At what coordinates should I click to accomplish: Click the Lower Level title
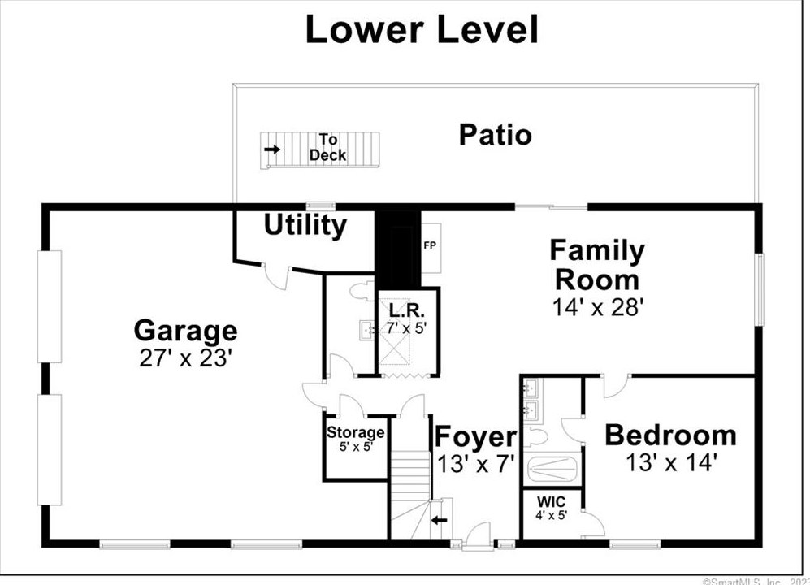[x=422, y=29]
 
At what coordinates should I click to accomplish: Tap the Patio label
[x=495, y=135]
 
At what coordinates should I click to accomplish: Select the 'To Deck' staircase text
[x=328, y=147]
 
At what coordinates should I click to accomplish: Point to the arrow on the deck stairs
[x=272, y=149]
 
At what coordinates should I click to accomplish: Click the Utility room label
[x=305, y=225]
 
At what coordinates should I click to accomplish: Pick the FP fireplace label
[x=430, y=245]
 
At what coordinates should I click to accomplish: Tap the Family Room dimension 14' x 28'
[x=598, y=307]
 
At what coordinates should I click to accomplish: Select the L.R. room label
[x=406, y=310]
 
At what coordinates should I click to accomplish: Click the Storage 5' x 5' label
[x=355, y=439]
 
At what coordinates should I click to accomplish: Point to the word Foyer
[x=476, y=436]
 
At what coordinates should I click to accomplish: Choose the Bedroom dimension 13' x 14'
[x=671, y=462]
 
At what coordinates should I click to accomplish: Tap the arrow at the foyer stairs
[x=439, y=520]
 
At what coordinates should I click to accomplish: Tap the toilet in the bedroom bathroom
[x=536, y=438]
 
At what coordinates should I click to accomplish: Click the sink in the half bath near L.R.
[x=367, y=329]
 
